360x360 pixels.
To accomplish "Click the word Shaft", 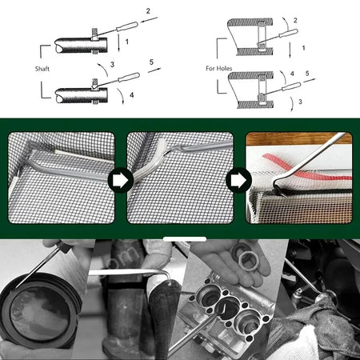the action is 42,69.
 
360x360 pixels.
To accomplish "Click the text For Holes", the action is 219,68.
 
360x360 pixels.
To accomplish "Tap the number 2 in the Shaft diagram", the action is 148,11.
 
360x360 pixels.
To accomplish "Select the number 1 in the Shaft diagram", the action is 127,42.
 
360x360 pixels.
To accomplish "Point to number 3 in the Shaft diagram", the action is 112,64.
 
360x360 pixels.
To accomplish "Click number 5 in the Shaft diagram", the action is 151,62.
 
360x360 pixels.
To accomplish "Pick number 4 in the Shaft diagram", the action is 131,95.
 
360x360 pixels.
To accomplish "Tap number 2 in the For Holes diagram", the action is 295,20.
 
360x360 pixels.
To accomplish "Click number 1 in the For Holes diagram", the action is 303,48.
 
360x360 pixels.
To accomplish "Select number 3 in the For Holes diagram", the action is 300,102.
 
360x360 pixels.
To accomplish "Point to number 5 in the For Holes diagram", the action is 307,73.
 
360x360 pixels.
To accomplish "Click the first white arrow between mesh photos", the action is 120,181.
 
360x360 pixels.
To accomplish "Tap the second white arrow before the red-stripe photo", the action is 238,181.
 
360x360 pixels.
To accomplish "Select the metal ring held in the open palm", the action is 248,262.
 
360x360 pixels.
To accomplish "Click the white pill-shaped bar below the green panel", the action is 185,239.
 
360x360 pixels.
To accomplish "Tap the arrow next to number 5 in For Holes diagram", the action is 310,80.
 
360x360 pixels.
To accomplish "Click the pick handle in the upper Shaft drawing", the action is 127,26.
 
